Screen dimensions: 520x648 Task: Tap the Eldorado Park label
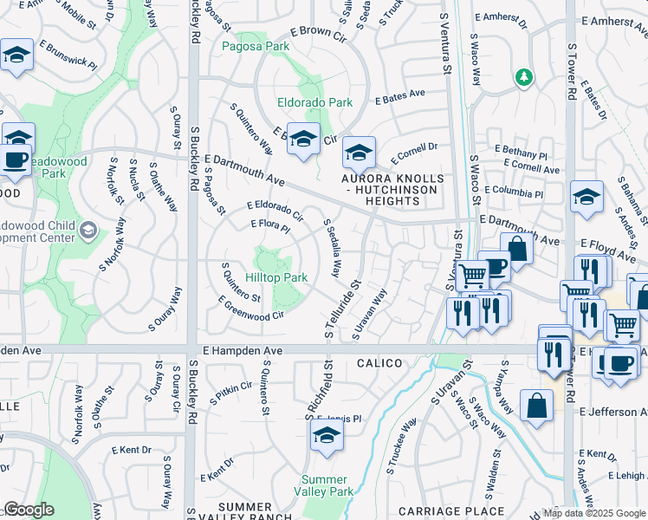314,102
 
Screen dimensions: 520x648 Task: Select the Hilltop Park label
276,278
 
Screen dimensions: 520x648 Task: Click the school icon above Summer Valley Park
326,438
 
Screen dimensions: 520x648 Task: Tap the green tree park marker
523,78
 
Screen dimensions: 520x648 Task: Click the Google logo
29,510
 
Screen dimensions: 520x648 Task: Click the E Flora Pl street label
269,229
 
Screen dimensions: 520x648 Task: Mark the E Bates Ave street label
399,96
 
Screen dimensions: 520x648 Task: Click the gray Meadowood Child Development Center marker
87,231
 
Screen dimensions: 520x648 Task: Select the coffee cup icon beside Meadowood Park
16,159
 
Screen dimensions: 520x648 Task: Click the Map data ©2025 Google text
593,511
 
